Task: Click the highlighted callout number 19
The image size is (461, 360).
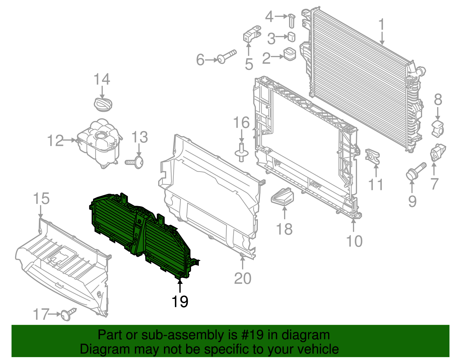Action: (180, 302)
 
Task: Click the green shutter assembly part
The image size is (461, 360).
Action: (138, 233)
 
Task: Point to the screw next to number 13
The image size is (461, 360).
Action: (135, 162)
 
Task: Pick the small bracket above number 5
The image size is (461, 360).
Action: (252, 34)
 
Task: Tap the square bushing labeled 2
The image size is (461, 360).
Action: (290, 54)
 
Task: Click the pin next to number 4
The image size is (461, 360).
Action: (292, 20)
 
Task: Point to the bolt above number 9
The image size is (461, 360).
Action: (415, 172)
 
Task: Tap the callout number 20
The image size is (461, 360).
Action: (243, 278)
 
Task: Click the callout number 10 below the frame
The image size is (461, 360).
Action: (354, 241)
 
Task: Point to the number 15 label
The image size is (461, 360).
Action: (41, 199)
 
